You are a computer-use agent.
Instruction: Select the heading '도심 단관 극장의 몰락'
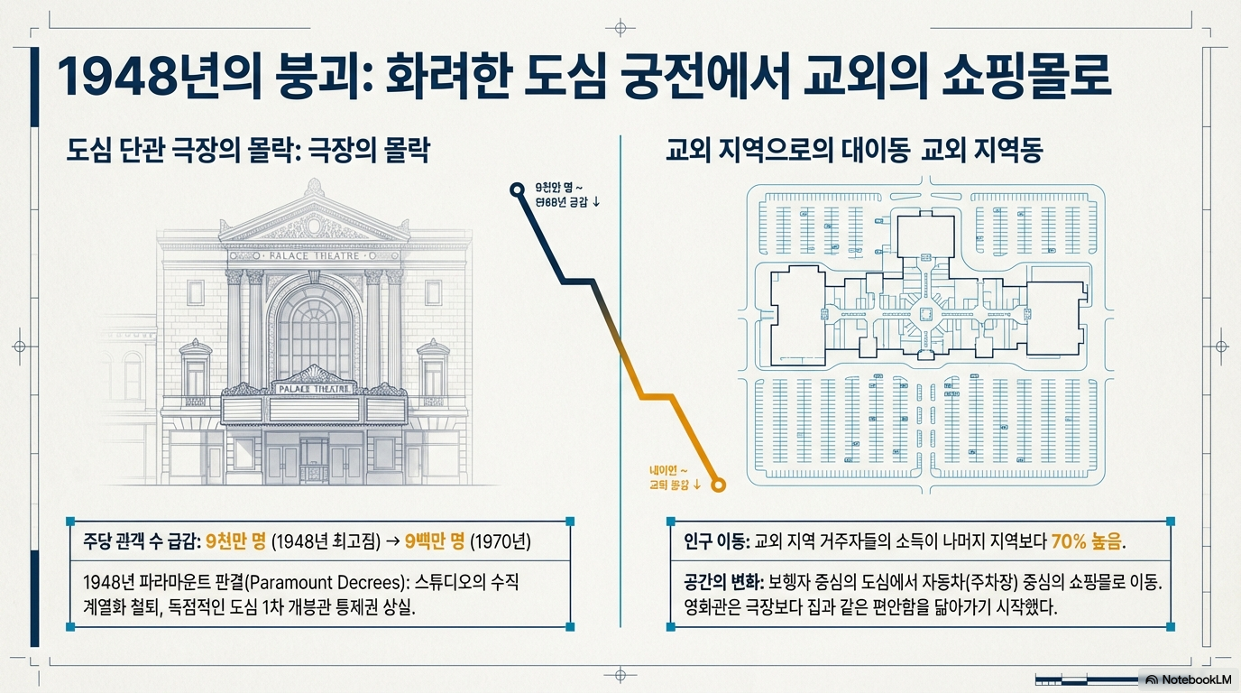point(180,151)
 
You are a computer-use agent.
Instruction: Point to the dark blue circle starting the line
point(517,189)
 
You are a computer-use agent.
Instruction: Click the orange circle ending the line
point(719,485)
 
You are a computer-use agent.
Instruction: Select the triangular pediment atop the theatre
point(314,221)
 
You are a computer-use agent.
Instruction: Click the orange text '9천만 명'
point(235,542)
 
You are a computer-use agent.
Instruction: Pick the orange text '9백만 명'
point(434,542)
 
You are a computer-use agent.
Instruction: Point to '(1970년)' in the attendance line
point(500,542)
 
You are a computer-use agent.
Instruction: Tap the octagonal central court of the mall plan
point(924,313)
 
